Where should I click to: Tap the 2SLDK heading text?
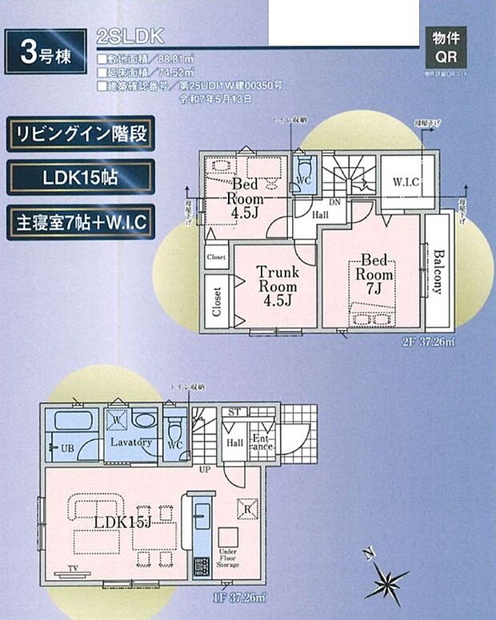(x=129, y=36)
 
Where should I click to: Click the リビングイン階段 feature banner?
(x=81, y=134)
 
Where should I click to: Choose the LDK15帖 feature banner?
(x=81, y=177)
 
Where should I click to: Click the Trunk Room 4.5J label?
(x=277, y=286)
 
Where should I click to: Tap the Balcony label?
(x=439, y=272)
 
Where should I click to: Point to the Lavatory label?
(x=131, y=442)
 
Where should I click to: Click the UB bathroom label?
(x=67, y=449)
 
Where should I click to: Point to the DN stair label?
(x=335, y=204)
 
